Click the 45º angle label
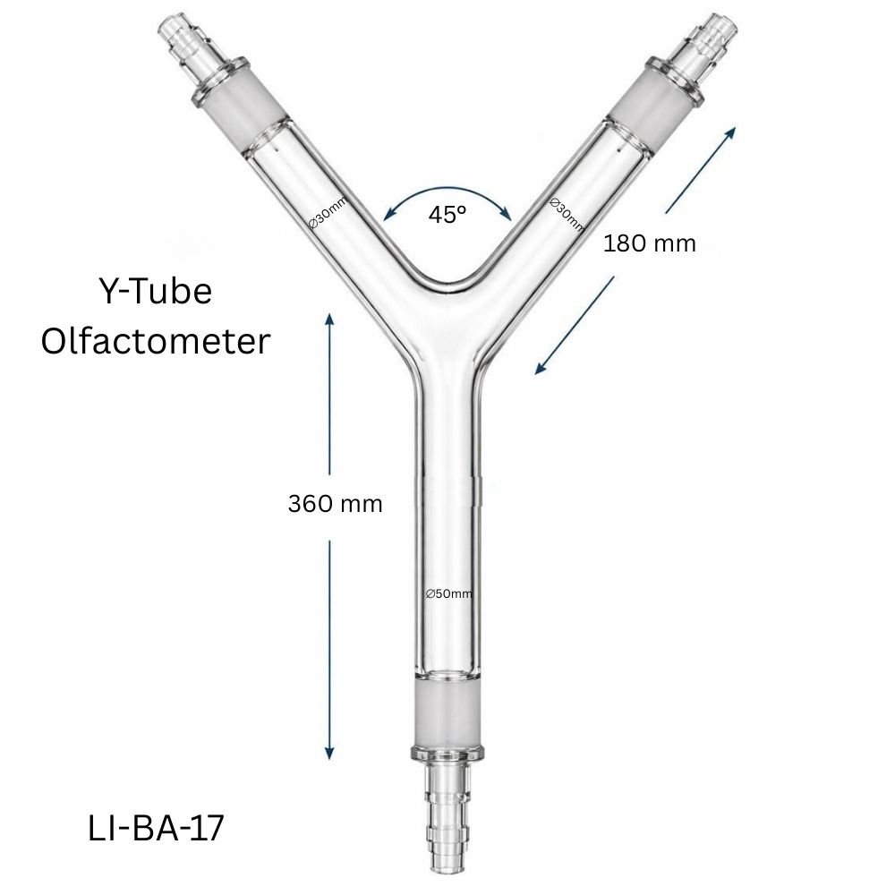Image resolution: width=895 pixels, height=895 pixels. (x=447, y=215)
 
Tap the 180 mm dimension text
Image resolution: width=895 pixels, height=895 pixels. (x=649, y=243)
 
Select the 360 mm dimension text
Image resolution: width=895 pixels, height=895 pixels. (x=335, y=504)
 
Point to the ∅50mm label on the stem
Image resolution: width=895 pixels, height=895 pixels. (x=448, y=593)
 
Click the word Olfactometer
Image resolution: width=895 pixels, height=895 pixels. (x=155, y=340)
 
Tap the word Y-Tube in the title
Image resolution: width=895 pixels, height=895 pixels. (x=154, y=292)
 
